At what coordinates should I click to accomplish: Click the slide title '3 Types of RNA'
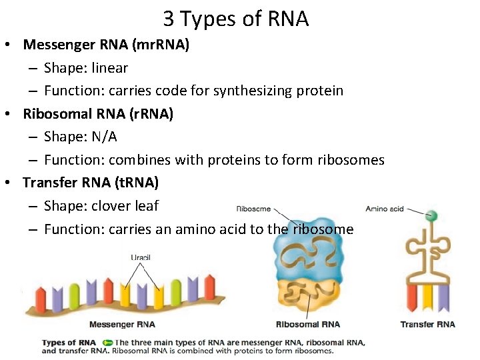[x=236, y=19]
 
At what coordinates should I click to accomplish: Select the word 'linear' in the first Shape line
[x=110, y=68]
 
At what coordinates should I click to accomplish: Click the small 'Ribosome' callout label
[x=253, y=209]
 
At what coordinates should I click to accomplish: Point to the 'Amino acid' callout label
[x=385, y=209]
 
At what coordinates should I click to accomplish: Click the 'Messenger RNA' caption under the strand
[x=122, y=325]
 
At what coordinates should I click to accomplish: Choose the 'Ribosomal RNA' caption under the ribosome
[x=308, y=325]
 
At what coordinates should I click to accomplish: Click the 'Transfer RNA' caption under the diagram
[x=427, y=325]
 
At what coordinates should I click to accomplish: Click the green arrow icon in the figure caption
[x=108, y=343]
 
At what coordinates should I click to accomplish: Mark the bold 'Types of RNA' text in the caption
[x=69, y=343]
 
